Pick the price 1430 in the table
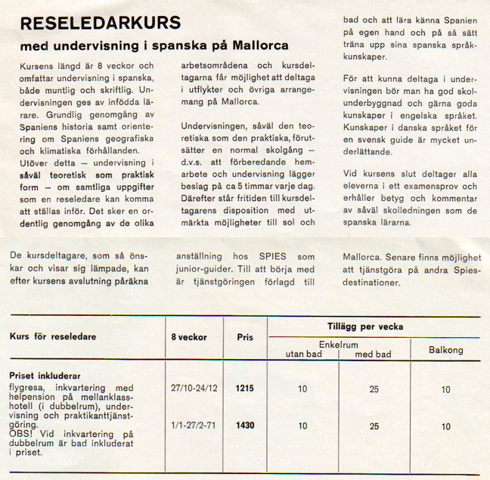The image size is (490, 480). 244,426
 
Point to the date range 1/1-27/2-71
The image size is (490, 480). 194,426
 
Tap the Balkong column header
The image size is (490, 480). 445,350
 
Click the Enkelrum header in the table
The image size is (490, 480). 337,343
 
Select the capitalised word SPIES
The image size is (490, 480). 266,256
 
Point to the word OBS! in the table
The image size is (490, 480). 20,435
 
